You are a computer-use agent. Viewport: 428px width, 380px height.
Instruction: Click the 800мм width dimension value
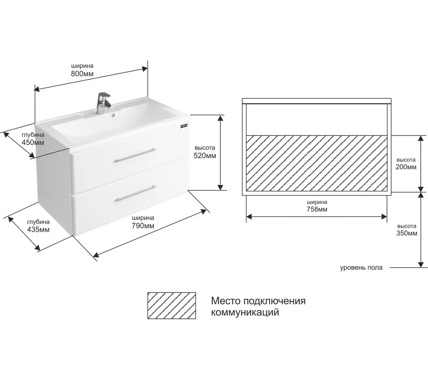[82, 74]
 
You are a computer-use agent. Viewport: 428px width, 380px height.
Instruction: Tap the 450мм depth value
[33, 142]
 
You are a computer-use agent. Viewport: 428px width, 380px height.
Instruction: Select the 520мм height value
[205, 156]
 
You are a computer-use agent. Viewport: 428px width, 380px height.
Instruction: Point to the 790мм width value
[143, 226]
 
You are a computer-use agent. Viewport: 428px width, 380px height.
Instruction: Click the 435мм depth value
[38, 230]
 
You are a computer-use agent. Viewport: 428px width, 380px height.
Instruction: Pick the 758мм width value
[317, 209]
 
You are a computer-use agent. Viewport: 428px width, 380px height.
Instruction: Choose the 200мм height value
[406, 167]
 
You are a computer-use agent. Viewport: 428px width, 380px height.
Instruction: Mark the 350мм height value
[407, 233]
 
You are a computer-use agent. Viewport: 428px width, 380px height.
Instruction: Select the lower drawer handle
[136, 193]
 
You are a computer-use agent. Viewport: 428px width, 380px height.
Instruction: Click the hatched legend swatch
[172, 306]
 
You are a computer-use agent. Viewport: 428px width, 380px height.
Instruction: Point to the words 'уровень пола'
[361, 268]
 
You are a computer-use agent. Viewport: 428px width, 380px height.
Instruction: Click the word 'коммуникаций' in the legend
[245, 312]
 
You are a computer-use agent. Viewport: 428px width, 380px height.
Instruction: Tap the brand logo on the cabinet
[184, 126]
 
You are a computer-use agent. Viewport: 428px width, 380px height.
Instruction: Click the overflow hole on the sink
[113, 115]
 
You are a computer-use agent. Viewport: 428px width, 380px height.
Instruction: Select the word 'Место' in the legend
[226, 300]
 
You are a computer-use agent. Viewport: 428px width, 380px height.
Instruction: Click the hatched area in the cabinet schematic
[317, 163]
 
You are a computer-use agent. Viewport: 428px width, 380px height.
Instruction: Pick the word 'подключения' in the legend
[274, 301]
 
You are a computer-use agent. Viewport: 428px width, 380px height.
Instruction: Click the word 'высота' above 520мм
[205, 148]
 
